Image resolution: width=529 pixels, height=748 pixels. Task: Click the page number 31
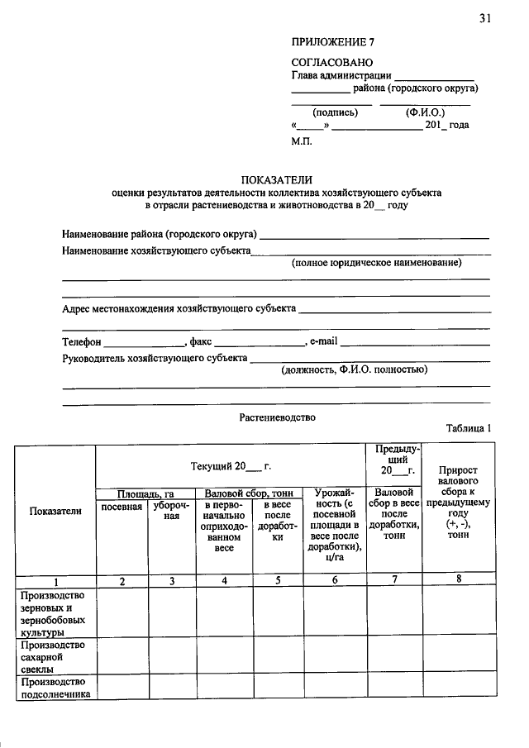(x=484, y=18)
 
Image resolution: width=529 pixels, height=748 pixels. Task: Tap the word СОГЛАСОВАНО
(x=332, y=62)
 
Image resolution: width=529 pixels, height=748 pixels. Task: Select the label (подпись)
(x=335, y=112)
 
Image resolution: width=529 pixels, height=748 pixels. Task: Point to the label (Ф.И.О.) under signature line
(x=425, y=112)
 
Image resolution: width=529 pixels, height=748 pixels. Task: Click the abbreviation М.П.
(x=303, y=141)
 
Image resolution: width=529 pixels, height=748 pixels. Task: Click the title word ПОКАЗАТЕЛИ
(x=277, y=179)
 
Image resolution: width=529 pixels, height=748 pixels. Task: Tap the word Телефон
(x=82, y=341)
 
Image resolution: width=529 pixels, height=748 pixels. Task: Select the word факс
(x=201, y=341)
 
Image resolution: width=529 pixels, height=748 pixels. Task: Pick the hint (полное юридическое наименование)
(x=376, y=263)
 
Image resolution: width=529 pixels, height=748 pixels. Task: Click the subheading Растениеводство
(x=277, y=417)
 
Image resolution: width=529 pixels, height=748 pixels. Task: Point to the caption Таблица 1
(x=469, y=429)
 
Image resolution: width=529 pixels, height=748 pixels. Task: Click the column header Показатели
(x=55, y=511)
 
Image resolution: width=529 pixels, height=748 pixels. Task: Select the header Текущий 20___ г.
(x=231, y=467)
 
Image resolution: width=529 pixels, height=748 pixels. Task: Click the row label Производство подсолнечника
(x=55, y=688)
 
